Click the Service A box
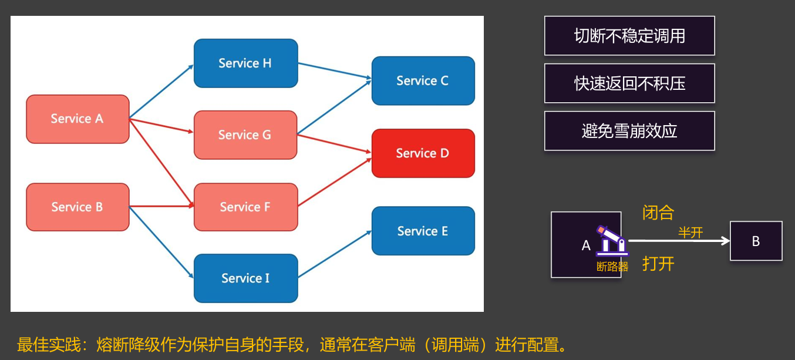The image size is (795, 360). point(78,119)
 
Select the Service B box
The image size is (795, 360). point(78,207)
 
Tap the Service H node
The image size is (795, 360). point(245,63)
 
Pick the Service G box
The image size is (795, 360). point(245,135)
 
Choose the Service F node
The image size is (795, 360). point(245,207)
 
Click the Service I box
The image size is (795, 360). point(245,278)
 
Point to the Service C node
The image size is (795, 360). point(423,81)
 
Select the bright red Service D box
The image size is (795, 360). point(423,153)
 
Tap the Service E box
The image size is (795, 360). point(423,231)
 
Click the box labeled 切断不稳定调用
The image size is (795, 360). point(629,36)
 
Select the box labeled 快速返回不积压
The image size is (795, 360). point(629,83)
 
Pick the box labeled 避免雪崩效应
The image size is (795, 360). point(629,130)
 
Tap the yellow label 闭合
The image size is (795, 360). point(658,213)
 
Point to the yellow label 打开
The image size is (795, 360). point(658,264)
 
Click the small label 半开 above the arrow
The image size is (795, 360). point(690,233)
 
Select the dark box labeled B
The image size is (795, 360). point(756,241)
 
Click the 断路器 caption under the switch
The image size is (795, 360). point(612,267)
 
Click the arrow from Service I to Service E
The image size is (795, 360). point(335,254)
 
